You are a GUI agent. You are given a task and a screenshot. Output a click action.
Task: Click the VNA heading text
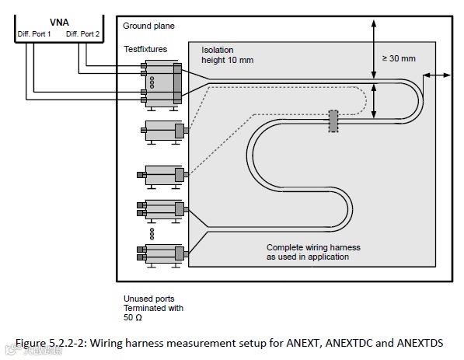coord(59,23)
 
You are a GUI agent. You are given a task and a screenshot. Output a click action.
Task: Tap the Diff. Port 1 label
coord(34,34)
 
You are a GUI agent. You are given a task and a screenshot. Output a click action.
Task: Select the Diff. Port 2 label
coord(82,34)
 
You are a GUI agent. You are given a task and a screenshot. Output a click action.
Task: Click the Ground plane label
coord(148,26)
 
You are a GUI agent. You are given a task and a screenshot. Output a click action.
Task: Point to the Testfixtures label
coord(145,49)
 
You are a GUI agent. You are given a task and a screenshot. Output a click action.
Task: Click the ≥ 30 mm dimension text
coord(399,58)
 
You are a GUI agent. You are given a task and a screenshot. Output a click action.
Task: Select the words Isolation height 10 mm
coord(227,55)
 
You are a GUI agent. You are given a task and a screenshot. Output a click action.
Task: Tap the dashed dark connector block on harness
coord(333,121)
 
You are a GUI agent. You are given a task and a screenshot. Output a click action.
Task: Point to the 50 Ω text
coord(133,318)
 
